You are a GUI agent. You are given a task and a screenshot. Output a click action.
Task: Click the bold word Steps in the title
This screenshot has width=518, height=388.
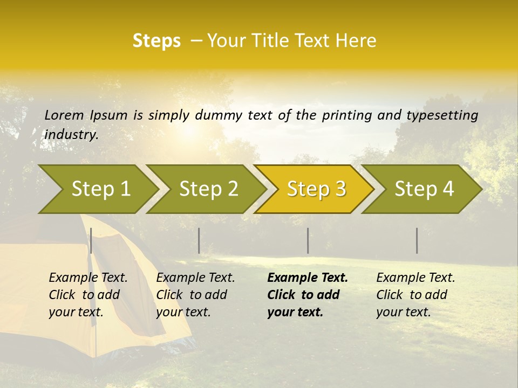click(x=156, y=41)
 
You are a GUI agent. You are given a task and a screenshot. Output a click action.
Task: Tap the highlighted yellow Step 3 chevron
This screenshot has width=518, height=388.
click(x=316, y=189)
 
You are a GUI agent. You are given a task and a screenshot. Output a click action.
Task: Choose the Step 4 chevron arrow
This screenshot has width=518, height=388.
click(x=424, y=189)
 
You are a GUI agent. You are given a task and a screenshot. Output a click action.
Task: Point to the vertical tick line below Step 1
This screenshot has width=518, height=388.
click(x=91, y=240)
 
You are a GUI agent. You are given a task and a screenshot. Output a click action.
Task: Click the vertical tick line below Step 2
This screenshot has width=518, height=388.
click(x=199, y=240)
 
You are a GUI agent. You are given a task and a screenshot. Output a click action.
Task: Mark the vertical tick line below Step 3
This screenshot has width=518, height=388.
click(x=308, y=240)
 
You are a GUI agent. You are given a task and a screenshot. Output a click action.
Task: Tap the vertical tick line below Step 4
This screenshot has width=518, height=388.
click(x=417, y=240)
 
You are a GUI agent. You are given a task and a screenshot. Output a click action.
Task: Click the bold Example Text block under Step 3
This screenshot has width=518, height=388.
click(x=308, y=295)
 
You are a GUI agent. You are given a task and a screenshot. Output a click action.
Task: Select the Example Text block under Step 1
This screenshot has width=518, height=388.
click(x=88, y=295)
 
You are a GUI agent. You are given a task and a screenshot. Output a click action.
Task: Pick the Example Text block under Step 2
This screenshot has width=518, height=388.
click(x=195, y=295)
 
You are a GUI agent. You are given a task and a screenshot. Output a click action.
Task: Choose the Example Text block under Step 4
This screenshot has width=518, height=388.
click(x=415, y=295)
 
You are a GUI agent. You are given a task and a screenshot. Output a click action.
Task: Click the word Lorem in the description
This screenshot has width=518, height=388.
click(x=64, y=115)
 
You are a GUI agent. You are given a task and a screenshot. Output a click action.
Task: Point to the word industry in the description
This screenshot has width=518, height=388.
click(x=71, y=134)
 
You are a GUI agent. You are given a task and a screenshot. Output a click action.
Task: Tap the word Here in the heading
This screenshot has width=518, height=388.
click(x=358, y=41)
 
